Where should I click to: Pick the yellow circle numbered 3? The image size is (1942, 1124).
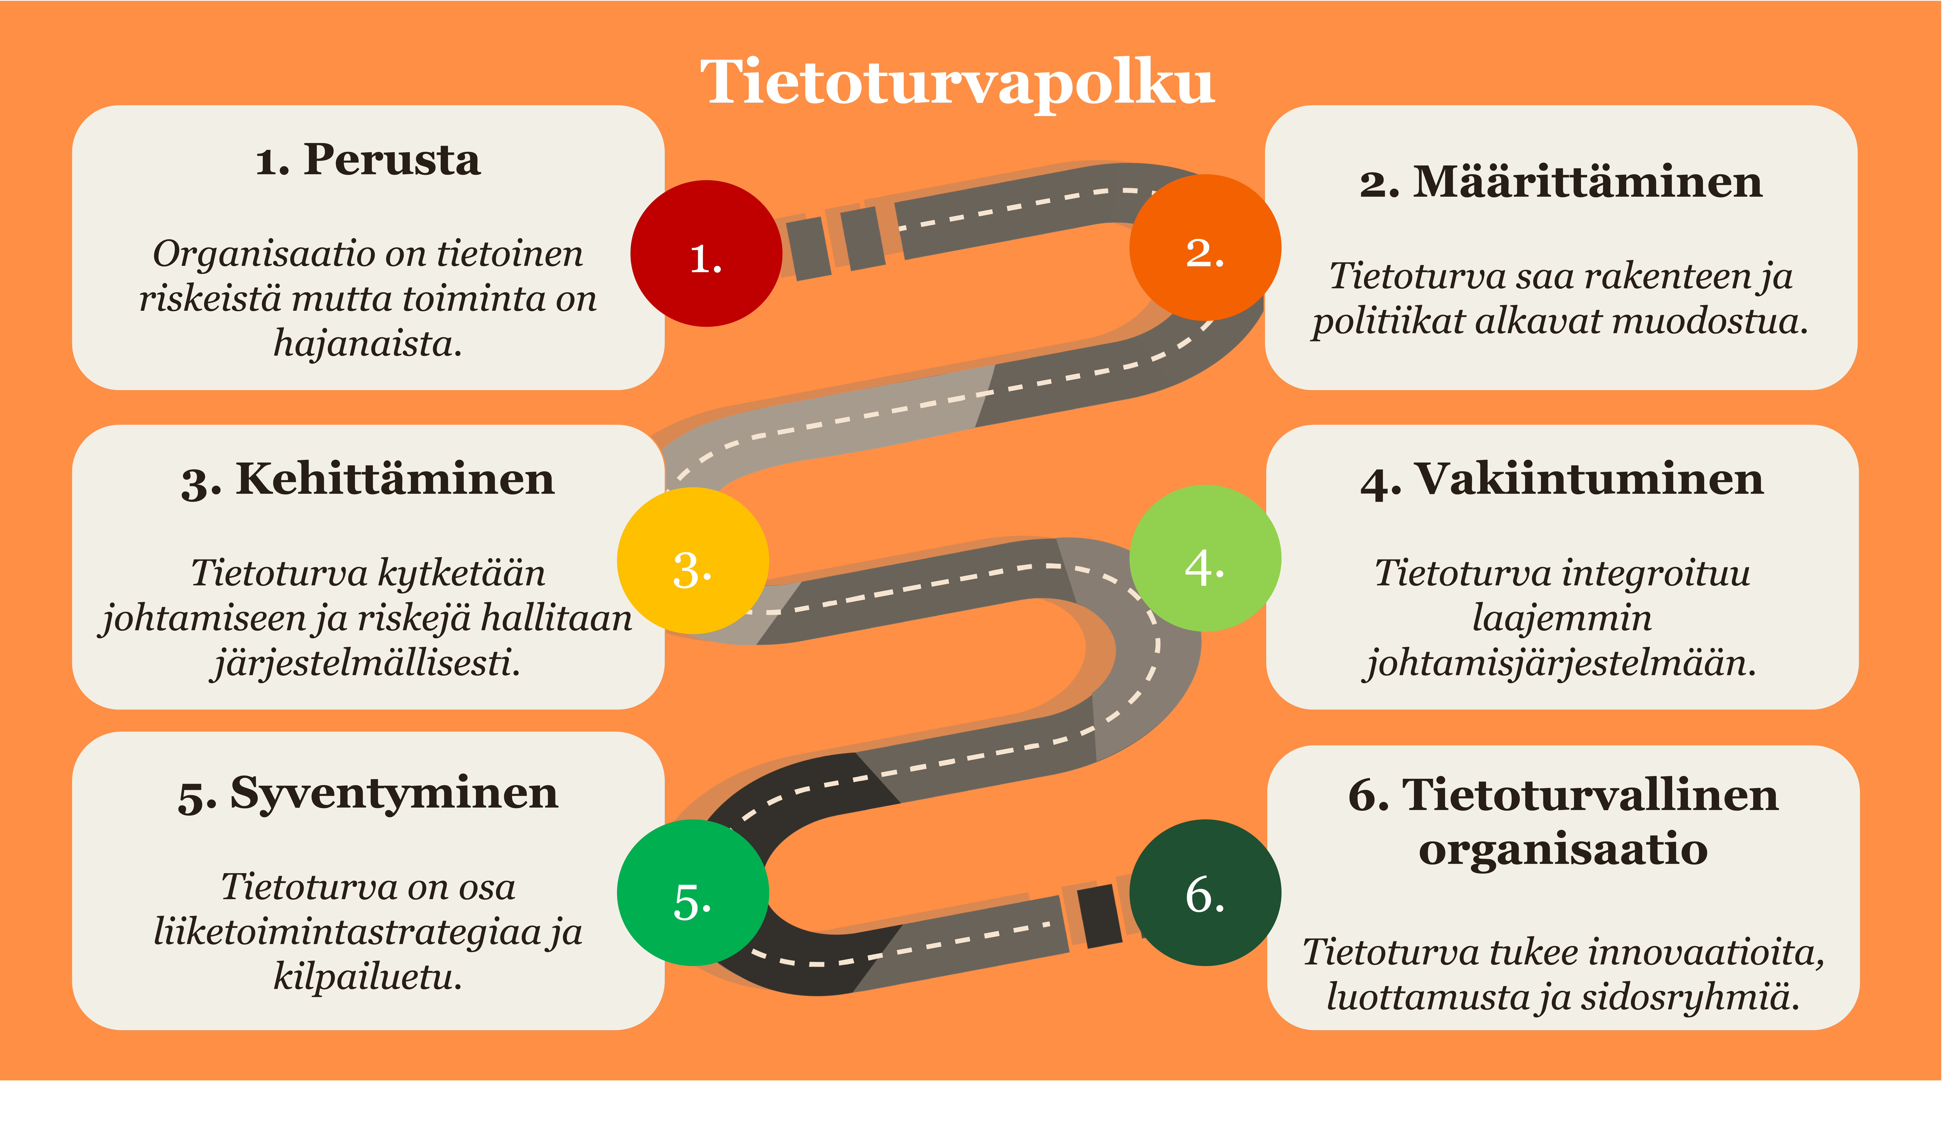(x=693, y=561)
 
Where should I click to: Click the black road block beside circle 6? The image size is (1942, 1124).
(x=1100, y=916)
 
